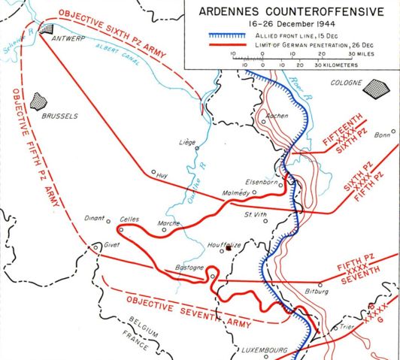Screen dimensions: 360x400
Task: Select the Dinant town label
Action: coord(96,219)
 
